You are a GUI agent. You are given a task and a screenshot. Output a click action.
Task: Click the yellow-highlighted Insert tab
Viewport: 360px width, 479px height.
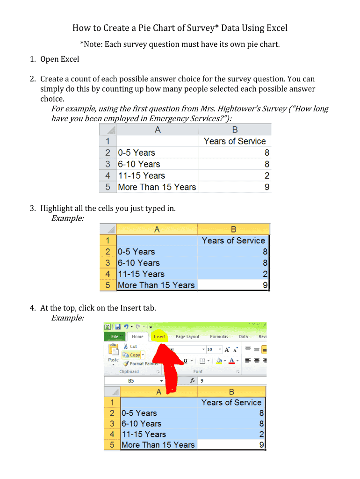point(159,336)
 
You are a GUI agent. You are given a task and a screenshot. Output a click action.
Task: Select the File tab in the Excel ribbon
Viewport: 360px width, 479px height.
point(115,336)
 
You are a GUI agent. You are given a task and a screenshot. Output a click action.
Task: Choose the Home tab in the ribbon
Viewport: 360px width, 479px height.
point(137,336)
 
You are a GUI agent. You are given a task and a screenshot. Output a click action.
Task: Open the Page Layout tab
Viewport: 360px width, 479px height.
point(187,336)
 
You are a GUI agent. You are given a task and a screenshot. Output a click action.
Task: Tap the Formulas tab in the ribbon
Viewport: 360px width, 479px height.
point(219,336)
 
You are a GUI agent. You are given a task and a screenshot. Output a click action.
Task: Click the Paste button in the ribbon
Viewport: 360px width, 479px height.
point(113,353)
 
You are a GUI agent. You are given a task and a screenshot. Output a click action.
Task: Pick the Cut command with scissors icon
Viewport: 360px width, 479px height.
point(130,347)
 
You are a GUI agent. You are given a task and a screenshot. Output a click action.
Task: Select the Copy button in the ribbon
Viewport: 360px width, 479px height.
point(134,355)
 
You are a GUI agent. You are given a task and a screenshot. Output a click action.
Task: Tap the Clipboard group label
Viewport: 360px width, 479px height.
point(129,372)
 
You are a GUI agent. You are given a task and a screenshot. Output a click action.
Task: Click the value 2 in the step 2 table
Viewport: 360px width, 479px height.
point(266,176)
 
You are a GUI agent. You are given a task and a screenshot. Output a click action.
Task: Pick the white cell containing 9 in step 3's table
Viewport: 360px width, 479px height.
point(233,285)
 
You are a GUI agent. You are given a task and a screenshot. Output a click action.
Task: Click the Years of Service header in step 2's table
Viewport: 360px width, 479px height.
point(235,141)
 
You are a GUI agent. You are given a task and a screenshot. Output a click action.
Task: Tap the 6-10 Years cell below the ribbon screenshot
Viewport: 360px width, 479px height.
point(141,424)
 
